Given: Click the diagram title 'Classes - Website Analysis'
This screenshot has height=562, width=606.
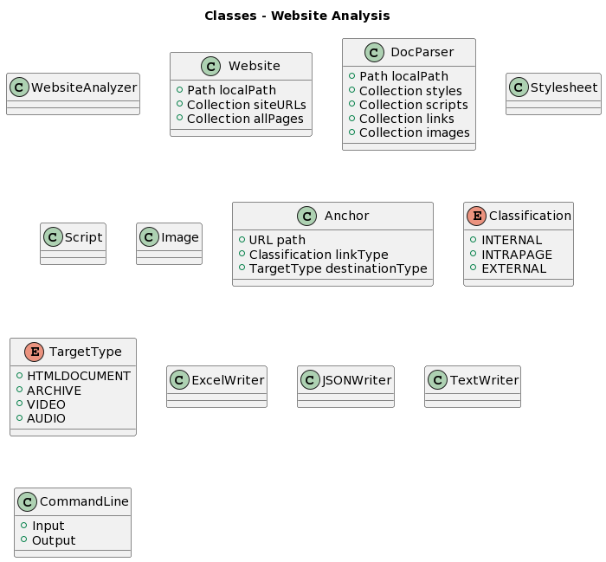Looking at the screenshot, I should [297, 16].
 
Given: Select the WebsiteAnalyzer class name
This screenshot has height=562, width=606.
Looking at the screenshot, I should [84, 87].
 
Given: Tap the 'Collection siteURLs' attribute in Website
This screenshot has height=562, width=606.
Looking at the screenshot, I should [246, 105].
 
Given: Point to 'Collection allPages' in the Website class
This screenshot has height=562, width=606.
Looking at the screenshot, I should [245, 119].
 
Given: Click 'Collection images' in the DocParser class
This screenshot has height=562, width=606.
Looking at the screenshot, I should [414, 132].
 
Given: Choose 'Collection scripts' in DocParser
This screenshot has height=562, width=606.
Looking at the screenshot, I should [413, 105].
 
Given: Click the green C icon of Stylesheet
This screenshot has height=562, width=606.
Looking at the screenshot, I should [519, 87].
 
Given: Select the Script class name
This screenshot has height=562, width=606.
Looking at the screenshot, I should [83, 237].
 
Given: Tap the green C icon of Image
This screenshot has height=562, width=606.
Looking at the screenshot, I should [149, 237].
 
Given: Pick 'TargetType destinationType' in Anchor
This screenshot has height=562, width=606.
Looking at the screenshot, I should [338, 268].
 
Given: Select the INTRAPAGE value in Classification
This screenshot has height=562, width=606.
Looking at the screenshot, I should [516, 255].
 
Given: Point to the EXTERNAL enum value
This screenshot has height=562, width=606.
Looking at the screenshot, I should [513, 268].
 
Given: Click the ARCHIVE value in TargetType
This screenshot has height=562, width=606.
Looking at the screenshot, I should [54, 391].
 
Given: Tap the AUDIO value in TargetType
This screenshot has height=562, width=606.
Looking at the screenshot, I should [46, 418].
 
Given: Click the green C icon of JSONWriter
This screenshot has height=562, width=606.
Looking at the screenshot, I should [310, 379].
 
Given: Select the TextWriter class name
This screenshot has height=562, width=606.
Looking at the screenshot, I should [484, 379].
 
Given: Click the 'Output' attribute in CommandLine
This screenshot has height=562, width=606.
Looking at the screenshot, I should [54, 540].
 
